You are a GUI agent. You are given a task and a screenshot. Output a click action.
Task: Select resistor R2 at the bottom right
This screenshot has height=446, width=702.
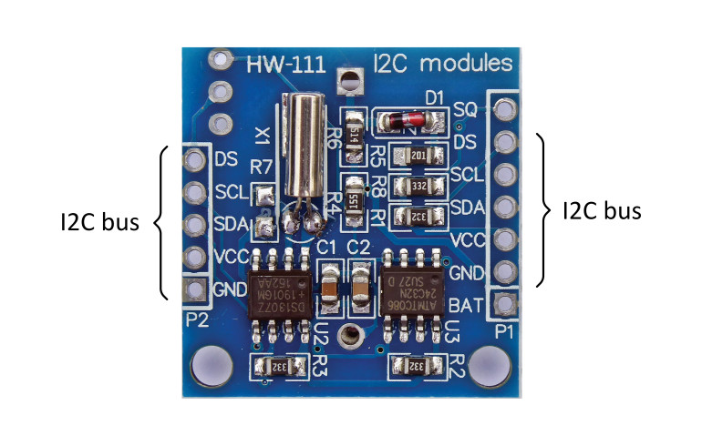pyautogui.click(x=415, y=366)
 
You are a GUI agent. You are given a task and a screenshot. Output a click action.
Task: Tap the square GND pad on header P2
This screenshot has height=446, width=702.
pyautogui.click(x=194, y=289)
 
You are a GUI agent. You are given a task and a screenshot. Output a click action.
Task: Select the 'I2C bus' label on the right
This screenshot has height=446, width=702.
pyautogui.click(x=602, y=211)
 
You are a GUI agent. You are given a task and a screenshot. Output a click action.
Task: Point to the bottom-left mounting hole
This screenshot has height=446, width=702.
pyautogui.click(x=208, y=365)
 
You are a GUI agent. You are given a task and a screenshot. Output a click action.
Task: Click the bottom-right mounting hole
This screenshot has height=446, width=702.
pyautogui.click(x=488, y=365)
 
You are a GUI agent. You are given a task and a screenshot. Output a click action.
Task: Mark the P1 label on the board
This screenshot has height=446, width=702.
pyautogui.click(x=504, y=331)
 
